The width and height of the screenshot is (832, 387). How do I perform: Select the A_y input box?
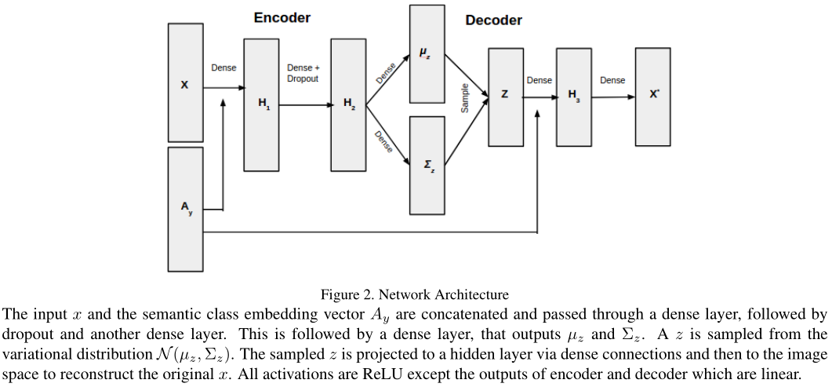[185, 209]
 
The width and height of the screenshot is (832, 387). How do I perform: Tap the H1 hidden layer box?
[261, 104]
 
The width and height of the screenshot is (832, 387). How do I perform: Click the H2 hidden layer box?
[348, 104]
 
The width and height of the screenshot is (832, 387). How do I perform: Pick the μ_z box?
[427, 53]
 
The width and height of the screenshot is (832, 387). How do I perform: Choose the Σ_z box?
[427, 166]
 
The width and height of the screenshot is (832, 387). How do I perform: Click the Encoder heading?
[282, 17]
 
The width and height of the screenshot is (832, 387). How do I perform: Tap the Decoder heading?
[493, 20]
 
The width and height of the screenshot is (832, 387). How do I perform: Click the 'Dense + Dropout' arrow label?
[303, 73]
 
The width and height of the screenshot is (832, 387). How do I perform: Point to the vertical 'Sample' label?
[464, 98]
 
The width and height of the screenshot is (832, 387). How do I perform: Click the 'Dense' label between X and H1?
[223, 68]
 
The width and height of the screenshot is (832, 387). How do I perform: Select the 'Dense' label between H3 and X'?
[612, 80]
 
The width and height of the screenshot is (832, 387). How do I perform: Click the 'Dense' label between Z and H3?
[539, 80]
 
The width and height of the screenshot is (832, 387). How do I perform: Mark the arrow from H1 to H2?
[305, 104]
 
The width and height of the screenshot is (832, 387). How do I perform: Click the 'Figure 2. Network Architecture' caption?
[414, 294]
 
